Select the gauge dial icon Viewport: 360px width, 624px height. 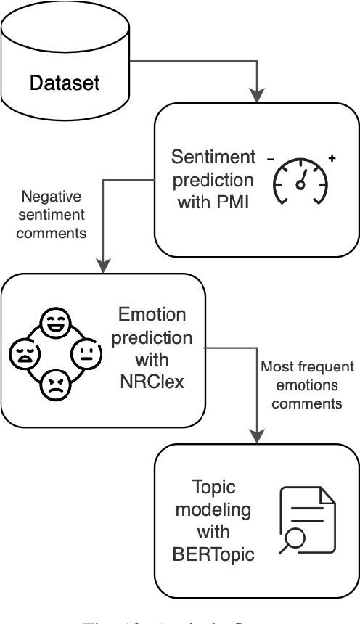tap(299, 173)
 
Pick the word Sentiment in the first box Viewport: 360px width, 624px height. tap(213, 136)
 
